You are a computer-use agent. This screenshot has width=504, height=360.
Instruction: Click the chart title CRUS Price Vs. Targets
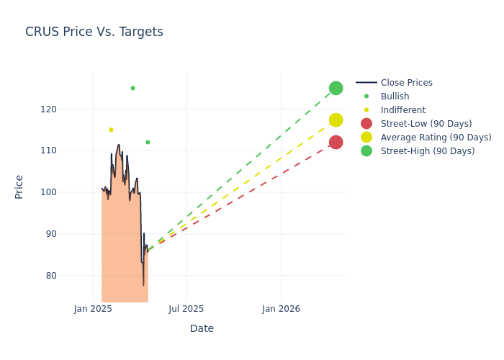94,32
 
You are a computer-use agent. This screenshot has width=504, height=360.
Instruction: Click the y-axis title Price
19,186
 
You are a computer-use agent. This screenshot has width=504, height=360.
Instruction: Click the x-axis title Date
202,328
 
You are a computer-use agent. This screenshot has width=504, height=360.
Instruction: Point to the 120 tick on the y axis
68,109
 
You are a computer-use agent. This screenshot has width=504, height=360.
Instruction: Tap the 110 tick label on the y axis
68,150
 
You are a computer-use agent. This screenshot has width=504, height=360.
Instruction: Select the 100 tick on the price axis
68,192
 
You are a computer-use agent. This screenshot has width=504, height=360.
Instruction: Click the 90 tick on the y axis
71,233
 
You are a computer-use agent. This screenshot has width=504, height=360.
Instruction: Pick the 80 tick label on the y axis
71,275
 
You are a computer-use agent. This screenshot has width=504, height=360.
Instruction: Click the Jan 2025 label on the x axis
93,309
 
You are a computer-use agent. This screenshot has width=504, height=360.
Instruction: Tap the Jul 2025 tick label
186,309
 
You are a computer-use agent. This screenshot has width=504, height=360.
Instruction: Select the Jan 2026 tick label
281,309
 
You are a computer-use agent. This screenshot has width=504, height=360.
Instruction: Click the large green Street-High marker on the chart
336,88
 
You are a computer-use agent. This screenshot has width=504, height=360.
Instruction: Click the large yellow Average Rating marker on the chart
336,120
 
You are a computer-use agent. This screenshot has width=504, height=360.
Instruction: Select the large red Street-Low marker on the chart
336,142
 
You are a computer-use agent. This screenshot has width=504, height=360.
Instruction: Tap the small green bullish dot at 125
132,88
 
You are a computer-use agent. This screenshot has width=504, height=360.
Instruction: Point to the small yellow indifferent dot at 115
111,130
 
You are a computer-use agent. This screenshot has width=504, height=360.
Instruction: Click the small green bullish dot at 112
148,142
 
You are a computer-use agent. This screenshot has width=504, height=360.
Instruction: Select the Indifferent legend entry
402,110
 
